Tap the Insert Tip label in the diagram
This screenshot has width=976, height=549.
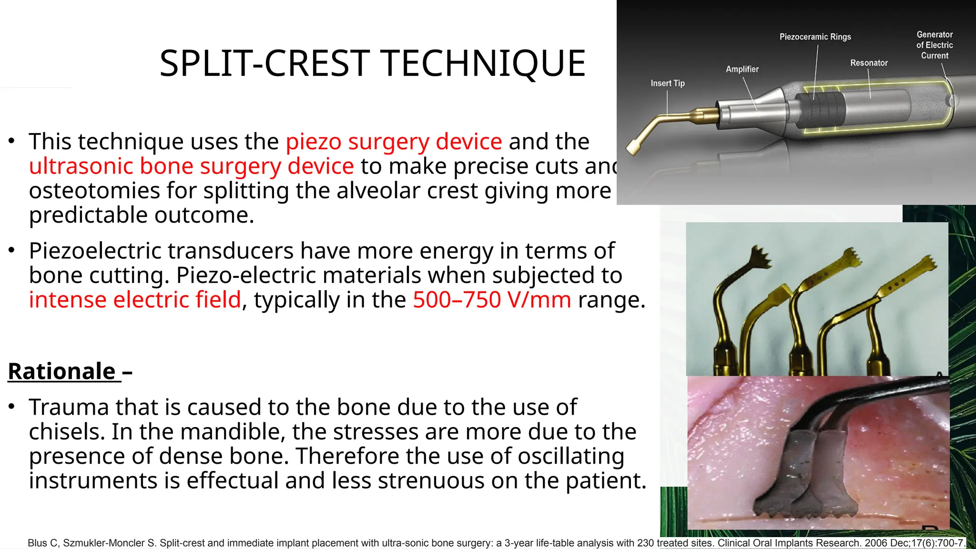(x=667, y=83)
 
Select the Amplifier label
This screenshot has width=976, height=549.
(x=742, y=70)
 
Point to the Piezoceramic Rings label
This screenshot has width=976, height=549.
(x=815, y=37)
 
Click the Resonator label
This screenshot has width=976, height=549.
(x=868, y=63)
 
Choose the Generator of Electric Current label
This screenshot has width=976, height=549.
(x=934, y=45)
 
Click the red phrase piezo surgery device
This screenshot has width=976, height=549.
(x=394, y=142)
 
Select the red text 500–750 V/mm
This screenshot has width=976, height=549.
(x=491, y=300)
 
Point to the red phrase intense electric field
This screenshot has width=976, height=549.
(x=135, y=300)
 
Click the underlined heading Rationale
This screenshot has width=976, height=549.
(x=62, y=372)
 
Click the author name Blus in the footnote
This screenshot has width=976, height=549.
(x=37, y=543)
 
